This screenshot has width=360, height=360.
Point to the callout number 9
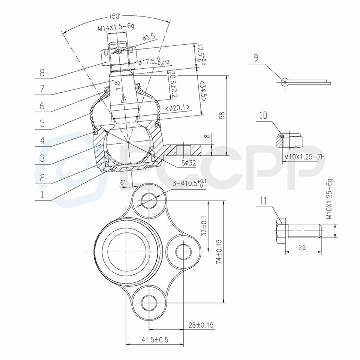[x=256, y=58]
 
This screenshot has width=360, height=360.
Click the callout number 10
[x=263, y=115]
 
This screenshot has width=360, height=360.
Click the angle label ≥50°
[x=115, y=17]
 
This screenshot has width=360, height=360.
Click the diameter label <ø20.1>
[x=177, y=108]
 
